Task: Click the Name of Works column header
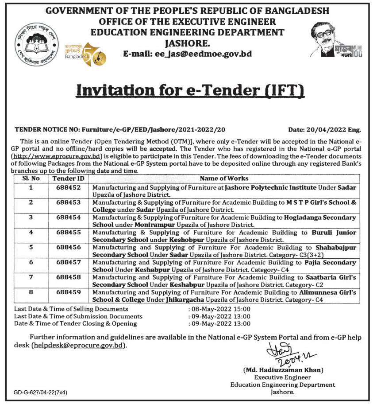[x=224, y=178]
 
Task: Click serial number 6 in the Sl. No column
[x=31, y=263]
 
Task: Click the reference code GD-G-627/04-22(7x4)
[x=41, y=392]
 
